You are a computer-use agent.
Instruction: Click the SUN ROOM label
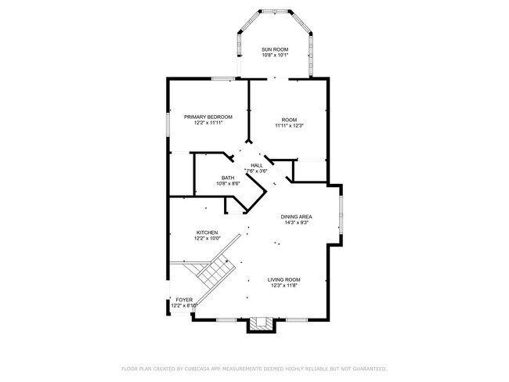click(275, 49)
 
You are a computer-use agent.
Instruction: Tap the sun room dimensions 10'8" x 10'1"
click(275, 56)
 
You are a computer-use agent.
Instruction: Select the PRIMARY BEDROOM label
click(208, 117)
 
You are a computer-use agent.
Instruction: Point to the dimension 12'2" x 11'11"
click(208, 124)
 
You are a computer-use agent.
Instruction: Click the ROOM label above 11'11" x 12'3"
click(289, 119)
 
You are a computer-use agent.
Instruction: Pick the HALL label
click(256, 165)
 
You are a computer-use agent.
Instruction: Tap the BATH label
click(228, 178)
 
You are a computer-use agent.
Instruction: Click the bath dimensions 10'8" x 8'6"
click(228, 184)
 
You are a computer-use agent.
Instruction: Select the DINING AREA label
click(298, 215)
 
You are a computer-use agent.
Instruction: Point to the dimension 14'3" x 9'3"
click(298, 222)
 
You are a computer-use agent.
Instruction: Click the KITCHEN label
click(207, 232)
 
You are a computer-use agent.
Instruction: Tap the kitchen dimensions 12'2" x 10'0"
click(207, 238)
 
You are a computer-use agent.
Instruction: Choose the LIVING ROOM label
click(284, 279)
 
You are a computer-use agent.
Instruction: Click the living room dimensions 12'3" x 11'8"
click(284, 285)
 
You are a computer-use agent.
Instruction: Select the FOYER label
click(183, 299)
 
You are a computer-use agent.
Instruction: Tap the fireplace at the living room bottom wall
click(262, 323)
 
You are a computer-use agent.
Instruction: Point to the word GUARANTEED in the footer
click(367, 368)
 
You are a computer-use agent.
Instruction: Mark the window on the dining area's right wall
click(341, 216)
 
